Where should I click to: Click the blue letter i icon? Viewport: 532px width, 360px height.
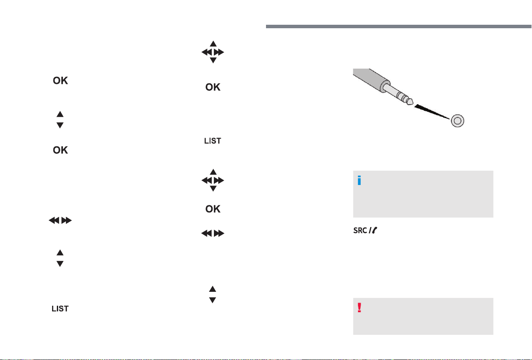click(359, 180)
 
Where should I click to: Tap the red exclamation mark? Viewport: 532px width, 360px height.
click(359, 307)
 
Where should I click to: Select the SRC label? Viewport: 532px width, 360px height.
click(360, 231)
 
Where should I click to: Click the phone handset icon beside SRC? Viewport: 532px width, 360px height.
click(374, 230)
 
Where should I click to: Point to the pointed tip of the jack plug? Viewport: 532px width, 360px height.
click(412, 102)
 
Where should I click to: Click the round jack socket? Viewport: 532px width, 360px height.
click(457, 121)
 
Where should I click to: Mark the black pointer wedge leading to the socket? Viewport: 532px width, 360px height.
click(432, 112)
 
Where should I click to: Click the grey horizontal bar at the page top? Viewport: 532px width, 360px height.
click(398, 26)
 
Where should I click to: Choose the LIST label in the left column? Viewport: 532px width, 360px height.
click(60, 309)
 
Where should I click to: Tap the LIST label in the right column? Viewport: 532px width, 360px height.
click(213, 141)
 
